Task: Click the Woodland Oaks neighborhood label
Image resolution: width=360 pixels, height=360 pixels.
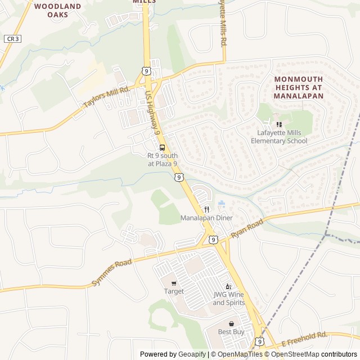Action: click(x=57, y=10)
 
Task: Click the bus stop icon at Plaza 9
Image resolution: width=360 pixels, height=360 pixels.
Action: click(x=163, y=147)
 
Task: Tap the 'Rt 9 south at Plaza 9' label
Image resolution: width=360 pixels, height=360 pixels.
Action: click(x=163, y=159)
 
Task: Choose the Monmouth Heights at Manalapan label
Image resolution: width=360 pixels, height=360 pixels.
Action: click(x=299, y=88)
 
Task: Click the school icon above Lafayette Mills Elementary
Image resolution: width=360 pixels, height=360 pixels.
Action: click(x=279, y=124)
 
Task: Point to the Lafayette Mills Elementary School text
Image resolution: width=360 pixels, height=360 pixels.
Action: click(x=282, y=137)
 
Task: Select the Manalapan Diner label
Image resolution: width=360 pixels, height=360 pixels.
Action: click(x=206, y=218)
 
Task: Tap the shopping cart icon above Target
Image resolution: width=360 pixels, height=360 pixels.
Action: click(x=174, y=283)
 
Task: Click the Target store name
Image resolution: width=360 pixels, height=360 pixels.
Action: click(x=174, y=291)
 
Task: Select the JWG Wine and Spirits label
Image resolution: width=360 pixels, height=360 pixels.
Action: click(x=229, y=299)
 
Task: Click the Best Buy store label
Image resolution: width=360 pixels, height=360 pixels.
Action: click(x=231, y=332)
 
